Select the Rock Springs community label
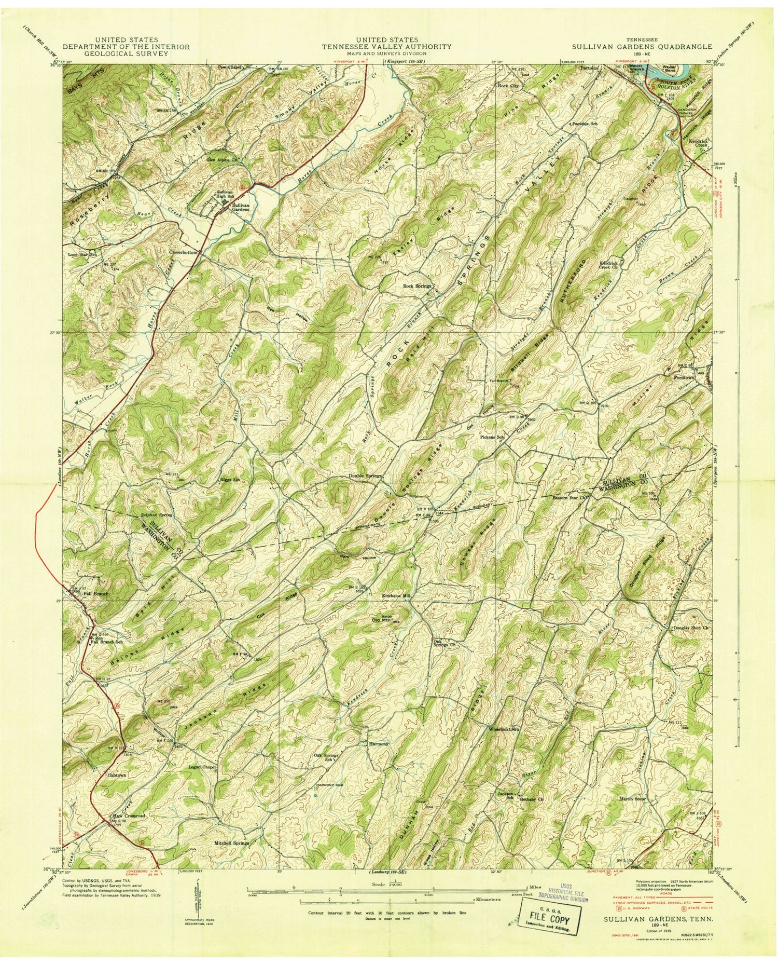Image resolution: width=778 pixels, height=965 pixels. (418, 286)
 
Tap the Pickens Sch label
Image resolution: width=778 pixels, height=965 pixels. (493, 437)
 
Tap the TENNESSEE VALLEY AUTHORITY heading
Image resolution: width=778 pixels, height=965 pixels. (386, 46)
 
